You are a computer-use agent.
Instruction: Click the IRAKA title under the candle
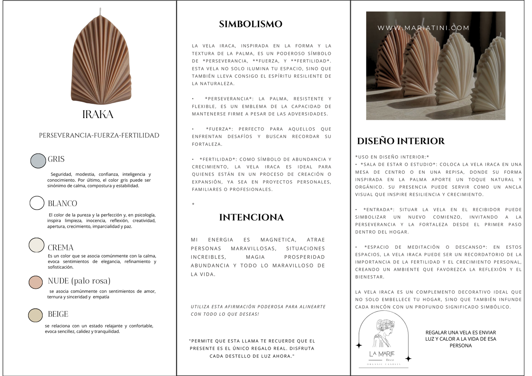98,114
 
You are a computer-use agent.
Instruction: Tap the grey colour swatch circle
38,161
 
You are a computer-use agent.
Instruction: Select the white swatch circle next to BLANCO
37,203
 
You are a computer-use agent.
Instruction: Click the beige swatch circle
35,315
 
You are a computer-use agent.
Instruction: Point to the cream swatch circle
36,245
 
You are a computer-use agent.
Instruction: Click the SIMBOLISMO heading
250,24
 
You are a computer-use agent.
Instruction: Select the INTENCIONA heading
251,217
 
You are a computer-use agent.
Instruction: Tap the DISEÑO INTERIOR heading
401,141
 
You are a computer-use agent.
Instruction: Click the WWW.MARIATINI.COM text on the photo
423,28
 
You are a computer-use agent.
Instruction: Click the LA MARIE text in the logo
382,354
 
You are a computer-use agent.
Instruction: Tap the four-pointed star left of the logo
359,345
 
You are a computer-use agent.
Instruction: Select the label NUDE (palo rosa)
79,281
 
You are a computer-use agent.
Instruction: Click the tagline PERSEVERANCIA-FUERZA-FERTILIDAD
99,135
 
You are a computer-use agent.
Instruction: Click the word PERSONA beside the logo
461,345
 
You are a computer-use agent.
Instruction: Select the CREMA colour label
60,248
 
